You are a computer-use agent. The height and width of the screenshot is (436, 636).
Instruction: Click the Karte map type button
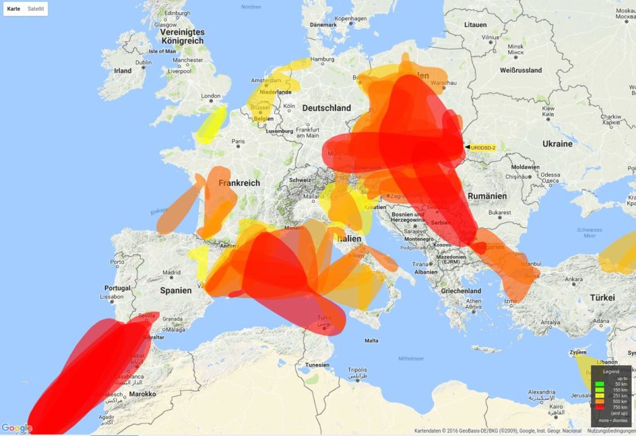pos(14,9)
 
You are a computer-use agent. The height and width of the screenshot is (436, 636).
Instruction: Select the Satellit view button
pos(35,9)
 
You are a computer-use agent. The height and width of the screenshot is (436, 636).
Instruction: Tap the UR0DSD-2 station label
pos(483,147)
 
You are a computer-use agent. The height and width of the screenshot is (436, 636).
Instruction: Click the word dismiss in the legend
pos(619,420)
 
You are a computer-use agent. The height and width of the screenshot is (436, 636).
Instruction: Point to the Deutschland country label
pos(326,108)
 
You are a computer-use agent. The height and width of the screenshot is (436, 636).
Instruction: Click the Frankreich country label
pos(239,183)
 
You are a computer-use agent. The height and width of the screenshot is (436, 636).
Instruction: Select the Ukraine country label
pos(557,144)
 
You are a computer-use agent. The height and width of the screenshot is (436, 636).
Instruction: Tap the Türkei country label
pos(602,297)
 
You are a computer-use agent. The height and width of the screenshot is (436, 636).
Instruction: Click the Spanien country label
pos(176,291)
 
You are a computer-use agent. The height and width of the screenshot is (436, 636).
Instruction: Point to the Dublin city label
pos(143,63)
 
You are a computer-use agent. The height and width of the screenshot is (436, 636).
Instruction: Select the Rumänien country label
pos(487,197)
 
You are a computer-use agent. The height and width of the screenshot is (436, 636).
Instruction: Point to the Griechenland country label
pos(461,291)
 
